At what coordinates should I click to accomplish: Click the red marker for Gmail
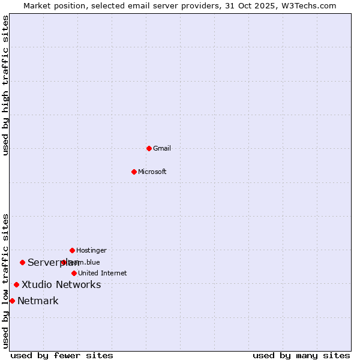tap(149, 148)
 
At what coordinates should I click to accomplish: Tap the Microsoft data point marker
tap(134, 172)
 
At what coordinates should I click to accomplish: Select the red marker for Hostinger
tap(72, 250)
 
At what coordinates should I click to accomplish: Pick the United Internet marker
tap(74, 273)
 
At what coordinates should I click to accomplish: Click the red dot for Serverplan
tap(22, 262)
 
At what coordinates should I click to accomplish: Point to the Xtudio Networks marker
tap(16, 284)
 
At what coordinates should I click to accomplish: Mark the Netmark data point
tap(12, 301)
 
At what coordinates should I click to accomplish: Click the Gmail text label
tap(162, 148)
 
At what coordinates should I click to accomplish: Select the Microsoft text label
tap(152, 172)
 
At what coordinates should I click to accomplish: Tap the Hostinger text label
tap(91, 250)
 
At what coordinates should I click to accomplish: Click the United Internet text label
tap(103, 273)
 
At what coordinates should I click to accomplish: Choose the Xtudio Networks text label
tap(61, 284)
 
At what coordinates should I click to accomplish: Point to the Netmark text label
tap(38, 301)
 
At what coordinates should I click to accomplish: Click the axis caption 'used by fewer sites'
tap(62, 355)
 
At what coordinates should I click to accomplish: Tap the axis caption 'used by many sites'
tap(301, 355)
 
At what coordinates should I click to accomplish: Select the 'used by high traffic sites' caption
tap(5, 85)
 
